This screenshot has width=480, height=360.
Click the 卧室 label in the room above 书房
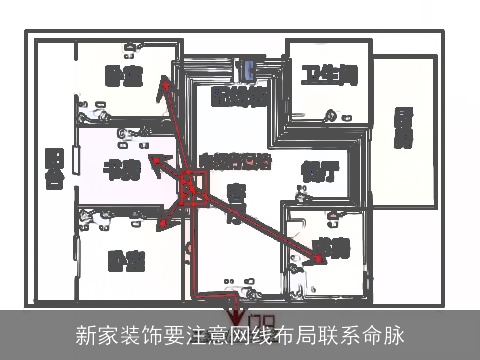124,76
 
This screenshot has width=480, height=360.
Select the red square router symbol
193,186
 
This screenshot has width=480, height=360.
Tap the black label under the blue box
240,97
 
